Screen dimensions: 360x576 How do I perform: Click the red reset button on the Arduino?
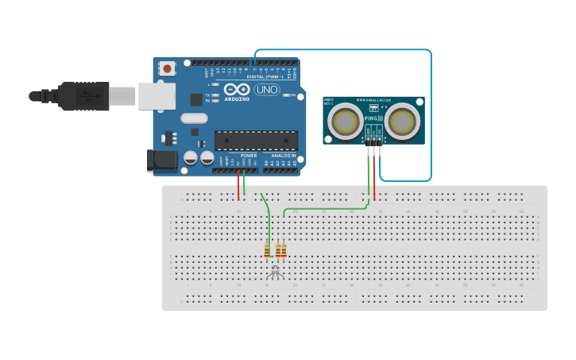167,69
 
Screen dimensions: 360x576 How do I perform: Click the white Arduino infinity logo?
236,90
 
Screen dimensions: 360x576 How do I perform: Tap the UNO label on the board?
268,90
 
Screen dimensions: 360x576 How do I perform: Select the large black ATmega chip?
256,141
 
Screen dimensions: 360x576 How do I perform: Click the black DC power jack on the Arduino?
163,161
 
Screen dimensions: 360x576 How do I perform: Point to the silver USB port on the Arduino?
157,96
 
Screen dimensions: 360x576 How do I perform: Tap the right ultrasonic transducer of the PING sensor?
402,121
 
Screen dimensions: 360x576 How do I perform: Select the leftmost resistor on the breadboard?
268,250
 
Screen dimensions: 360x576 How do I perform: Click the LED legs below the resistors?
276,272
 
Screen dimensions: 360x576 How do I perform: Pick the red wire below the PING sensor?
374,179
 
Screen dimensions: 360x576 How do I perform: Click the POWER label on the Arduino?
249,156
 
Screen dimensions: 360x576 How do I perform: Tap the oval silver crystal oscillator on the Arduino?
194,118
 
